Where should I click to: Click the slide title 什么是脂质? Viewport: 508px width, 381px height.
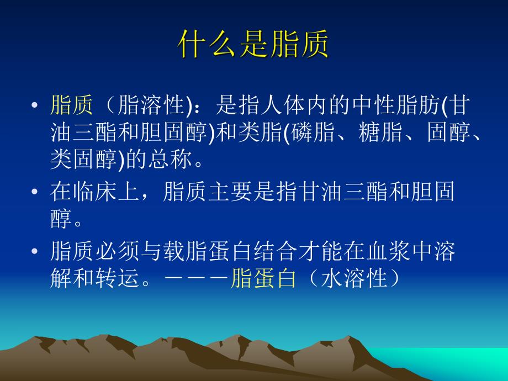253,45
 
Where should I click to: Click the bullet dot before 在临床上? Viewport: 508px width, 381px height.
35,192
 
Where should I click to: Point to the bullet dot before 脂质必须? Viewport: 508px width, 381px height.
35,252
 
